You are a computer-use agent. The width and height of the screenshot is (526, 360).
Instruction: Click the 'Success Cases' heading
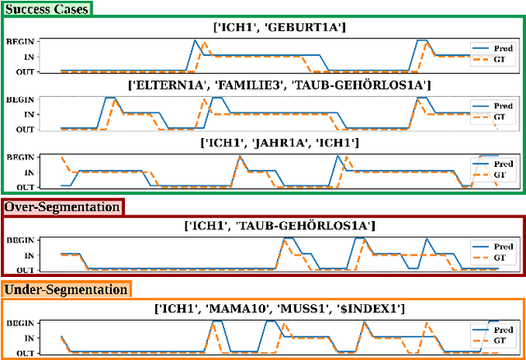[x=46, y=8]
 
